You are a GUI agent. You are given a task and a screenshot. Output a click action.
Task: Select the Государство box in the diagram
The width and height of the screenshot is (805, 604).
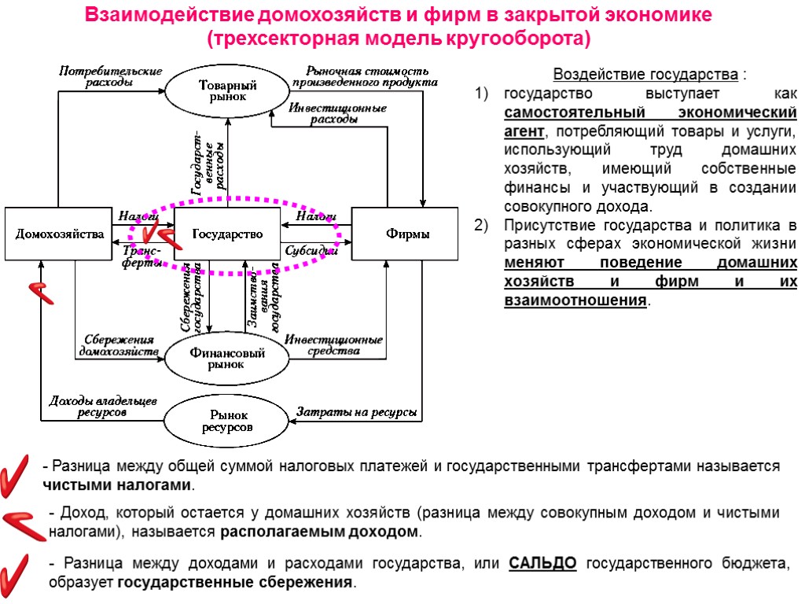[x=226, y=234]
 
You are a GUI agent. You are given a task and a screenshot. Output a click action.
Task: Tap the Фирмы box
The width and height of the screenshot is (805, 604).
[x=404, y=234]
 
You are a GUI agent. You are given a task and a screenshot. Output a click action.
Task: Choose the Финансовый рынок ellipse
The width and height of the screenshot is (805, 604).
[x=227, y=358]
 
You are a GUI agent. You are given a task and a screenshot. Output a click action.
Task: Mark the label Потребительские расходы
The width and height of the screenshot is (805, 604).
[x=111, y=76]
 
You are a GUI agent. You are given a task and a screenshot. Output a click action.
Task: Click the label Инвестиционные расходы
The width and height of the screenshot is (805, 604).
[x=336, y=113]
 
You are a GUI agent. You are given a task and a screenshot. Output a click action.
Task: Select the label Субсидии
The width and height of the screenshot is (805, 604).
[x=311, y=252]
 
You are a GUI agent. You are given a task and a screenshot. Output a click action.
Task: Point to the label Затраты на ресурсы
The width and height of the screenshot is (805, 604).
[x=355, y=412]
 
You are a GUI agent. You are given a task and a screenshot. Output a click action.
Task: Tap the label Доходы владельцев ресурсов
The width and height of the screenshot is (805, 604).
[x=103, y=406]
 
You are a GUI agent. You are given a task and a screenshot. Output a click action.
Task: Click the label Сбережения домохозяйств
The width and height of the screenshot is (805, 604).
[x=118, y=344]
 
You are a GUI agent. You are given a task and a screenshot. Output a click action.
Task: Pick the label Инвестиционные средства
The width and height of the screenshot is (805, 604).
[x=333, y=345]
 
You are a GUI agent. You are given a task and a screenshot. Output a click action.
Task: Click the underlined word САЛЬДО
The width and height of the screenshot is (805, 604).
[x=543, y=563]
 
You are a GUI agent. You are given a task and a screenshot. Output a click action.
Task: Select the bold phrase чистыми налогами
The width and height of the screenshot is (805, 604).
[x=116, y=484]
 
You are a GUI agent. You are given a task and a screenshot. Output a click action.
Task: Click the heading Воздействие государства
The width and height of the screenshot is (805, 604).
[x=646, y=75]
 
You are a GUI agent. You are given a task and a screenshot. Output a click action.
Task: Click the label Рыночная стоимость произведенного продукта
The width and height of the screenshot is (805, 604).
[x=365, y=75]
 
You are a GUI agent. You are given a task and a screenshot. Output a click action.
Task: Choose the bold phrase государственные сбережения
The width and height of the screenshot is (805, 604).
[x=234, y=583]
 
